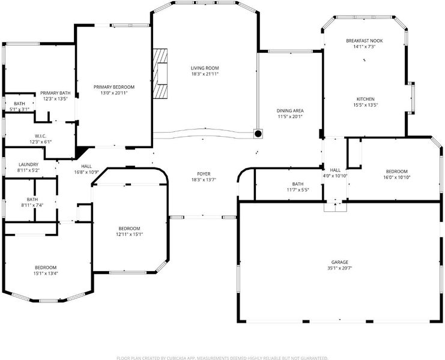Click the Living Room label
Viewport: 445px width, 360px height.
point(205,68)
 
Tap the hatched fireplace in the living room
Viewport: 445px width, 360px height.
point(160,74)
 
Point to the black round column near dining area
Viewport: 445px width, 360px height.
point(258,134)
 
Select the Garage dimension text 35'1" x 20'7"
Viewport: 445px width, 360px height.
point(340,268)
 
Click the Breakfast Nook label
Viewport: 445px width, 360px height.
point(365,41)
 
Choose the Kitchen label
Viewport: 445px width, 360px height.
point(366,99)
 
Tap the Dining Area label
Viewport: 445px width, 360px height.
point(290,111)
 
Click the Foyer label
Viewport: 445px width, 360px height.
point(204,174)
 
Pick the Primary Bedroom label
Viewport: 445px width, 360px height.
point(114,87)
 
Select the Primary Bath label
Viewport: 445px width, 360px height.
point(55,93)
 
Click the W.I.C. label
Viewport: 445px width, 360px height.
point(41,136)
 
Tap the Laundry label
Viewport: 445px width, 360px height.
point(28,164)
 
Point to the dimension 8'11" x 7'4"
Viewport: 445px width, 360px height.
point(32,205)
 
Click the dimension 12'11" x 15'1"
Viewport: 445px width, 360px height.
point(129,235)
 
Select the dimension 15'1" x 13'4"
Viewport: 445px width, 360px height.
point(46,274)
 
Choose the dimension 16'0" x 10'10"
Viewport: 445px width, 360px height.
point(397,178)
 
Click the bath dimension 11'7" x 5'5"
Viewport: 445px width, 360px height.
point(298,190)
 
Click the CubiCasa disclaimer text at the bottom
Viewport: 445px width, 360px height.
point(222,358)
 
